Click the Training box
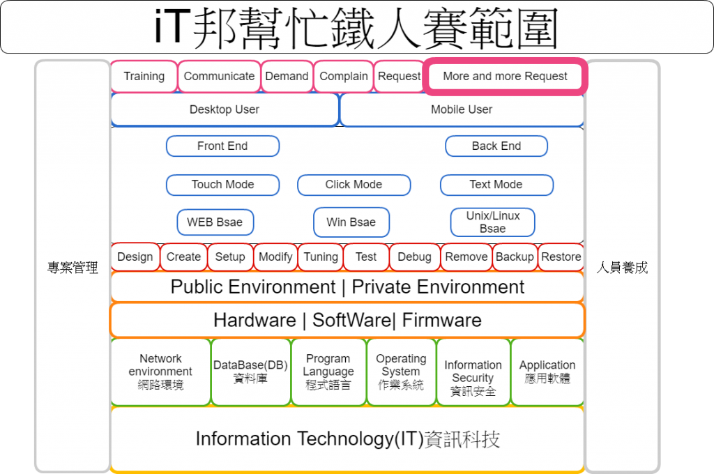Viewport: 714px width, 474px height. click(144, 77)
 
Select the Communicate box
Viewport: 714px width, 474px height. click(219, 77)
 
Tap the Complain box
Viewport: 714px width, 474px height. click(343, 77)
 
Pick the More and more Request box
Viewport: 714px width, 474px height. click(505, 77)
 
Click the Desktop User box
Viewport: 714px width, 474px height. click(225, 110)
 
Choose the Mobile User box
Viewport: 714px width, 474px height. click(462, 110)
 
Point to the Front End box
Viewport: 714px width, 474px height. click(222, 146)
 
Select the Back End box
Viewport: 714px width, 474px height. click(496, 146)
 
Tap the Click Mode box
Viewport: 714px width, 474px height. click(354, 185)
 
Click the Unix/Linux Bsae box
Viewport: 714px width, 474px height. click(493, 222)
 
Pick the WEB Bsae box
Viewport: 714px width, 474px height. click(215, 222)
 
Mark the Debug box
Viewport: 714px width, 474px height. click(414, 257)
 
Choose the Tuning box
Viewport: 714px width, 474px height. click(321, 257)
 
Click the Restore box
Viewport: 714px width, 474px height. click(561, 257)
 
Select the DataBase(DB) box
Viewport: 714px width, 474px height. click(250, 372)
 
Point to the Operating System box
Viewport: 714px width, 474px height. click(401, 372)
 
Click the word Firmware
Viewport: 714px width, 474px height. click(442, 321)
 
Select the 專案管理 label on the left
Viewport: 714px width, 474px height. click(73, 268)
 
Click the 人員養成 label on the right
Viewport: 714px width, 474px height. click(623, 268)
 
